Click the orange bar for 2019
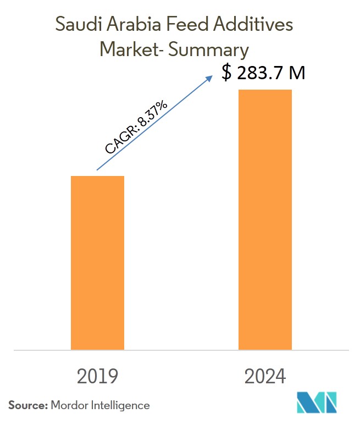97,262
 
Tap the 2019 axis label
97,377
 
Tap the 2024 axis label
265,377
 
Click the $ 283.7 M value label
263,73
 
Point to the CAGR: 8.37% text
136,127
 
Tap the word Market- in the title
130,50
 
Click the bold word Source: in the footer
27,405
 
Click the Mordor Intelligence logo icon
316,404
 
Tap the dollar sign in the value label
226,73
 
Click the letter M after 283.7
296,73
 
